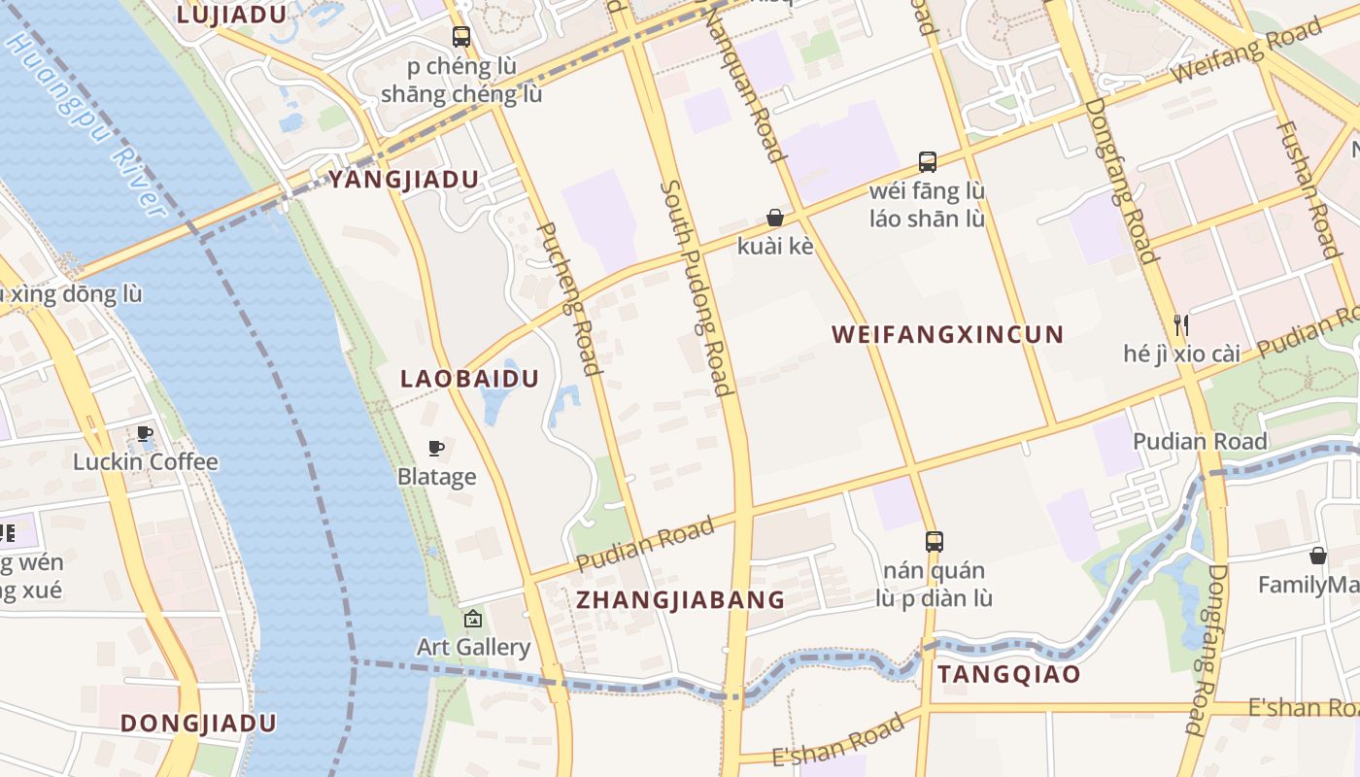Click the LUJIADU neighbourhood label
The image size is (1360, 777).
[x=231, y=15]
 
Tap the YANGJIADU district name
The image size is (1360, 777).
[x=404, y=180]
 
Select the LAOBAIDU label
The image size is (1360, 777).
[x=469, y=379]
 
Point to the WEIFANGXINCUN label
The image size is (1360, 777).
[x=948, y=335]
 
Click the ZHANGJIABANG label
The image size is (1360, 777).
[x=680, y=599]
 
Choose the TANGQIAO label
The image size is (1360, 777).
[x=1008, y=674]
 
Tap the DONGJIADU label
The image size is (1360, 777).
[x=198, y=724]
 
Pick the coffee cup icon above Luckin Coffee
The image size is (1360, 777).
[x=145, y=433]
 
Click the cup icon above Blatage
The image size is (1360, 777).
[x=437, y=448]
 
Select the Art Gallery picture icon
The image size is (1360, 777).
[x=473, y=618]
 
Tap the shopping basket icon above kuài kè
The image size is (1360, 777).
[x=775, y=218]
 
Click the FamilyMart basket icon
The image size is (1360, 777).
[x=1318, y=556]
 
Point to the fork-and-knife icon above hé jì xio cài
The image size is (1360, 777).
[x=1181, y=324]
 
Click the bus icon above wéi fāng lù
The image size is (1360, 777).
[x=928, y=161]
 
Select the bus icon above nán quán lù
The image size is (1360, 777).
[x=935, y=541]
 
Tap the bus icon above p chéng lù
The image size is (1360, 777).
[x=461, y=37]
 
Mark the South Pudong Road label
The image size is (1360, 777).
[x=696, y=287]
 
